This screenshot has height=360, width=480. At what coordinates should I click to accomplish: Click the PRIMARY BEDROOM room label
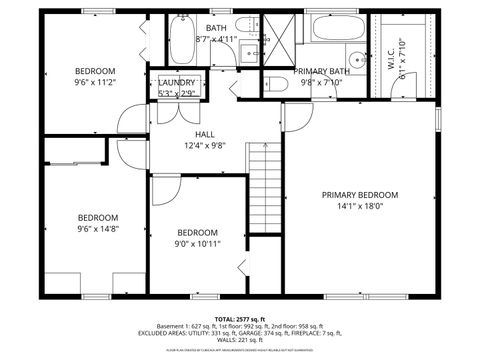point(359,195)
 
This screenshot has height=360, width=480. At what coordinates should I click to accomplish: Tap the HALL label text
point(204,134)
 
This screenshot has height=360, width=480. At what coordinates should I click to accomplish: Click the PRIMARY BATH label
point(321,71)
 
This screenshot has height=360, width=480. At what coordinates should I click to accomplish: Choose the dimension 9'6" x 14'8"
point(98,229)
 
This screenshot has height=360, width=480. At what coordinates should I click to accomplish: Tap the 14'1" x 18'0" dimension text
point(359,207)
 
